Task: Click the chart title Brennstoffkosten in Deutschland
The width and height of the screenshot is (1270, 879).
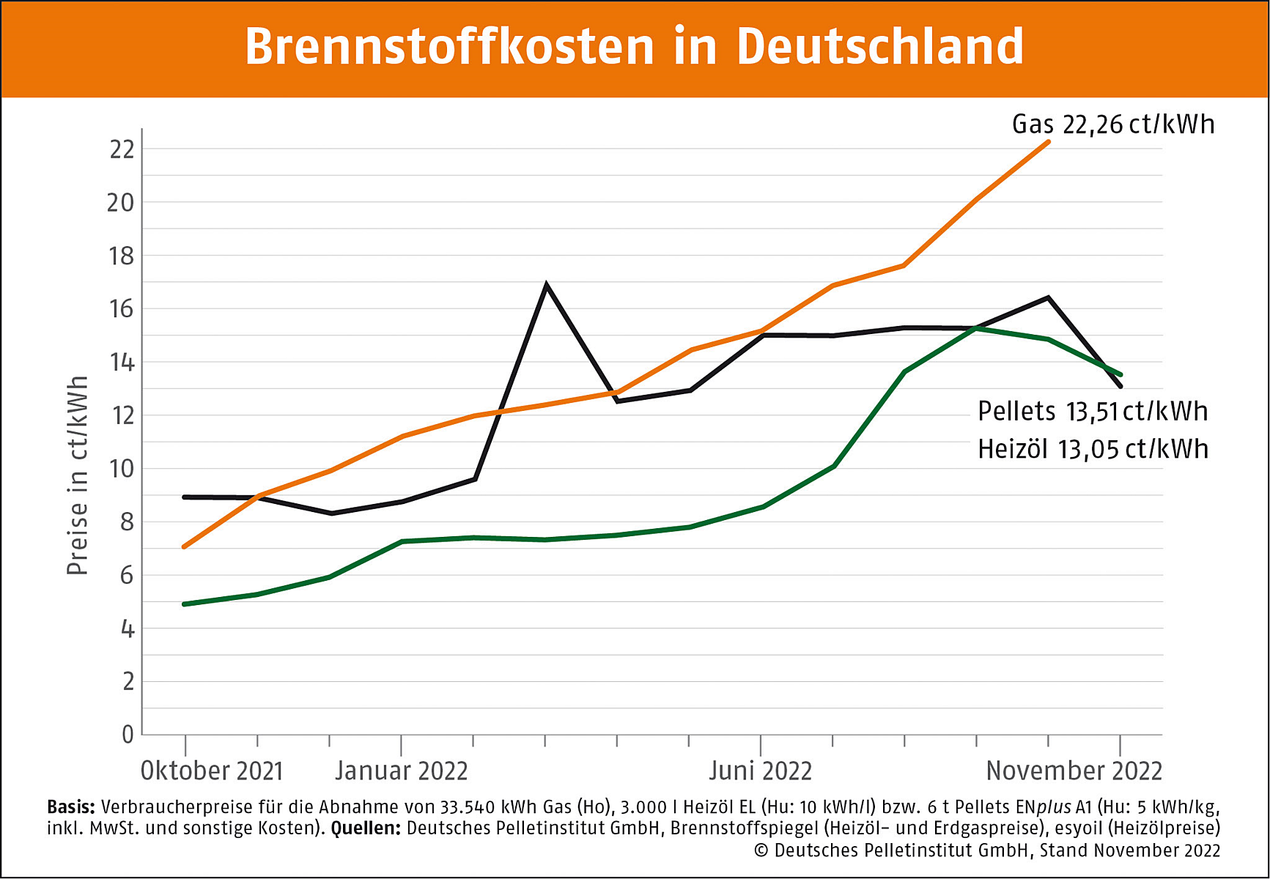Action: (634, 47)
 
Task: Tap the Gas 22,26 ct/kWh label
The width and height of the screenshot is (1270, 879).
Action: (1112, 125)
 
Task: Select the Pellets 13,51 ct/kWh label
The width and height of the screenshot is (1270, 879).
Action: (1092, 412)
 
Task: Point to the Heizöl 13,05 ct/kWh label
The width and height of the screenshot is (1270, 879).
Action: (1092, 449)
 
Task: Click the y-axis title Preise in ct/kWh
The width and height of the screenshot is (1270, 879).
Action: (78, 475)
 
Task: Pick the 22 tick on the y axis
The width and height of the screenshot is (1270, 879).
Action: (122, 149)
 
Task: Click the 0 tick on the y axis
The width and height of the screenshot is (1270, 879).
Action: (128, 734)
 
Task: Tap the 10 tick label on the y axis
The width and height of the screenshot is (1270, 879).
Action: (122, 469)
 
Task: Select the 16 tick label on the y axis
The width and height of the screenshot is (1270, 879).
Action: (122, 309)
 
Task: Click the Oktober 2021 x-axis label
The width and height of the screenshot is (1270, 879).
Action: (211, 771)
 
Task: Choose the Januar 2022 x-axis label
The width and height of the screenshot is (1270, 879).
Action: (401, 771)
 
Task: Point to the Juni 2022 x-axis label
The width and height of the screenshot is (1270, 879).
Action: (760, 771)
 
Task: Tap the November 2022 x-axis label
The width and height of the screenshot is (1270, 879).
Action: (1074, 771)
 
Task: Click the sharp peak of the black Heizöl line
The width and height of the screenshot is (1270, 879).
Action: (546, 285)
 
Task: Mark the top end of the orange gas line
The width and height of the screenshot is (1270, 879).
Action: (1049, 142)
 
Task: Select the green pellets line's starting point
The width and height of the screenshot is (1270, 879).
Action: (185, 604)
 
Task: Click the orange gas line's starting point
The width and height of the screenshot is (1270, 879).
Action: (185, 546)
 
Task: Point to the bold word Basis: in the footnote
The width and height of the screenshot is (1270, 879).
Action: (71, 807)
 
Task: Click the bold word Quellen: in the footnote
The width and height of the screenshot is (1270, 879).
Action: (366, 828)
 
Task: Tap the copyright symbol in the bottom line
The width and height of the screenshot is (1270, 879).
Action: (761, 850)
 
